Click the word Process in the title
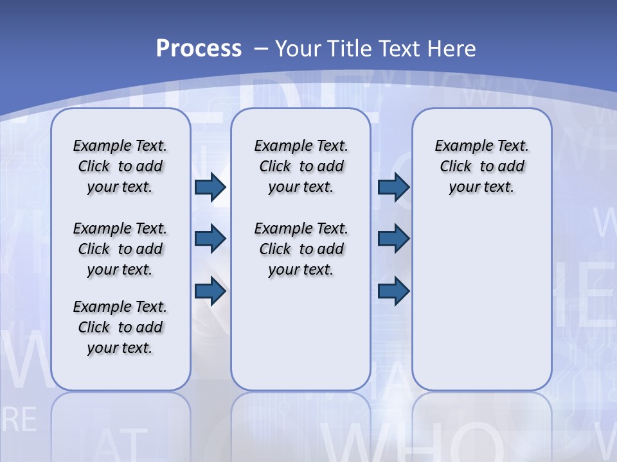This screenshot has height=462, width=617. coord(199,48)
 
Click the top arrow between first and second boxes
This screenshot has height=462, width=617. coord(210,187)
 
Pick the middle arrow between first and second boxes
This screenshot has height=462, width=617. coord(210,239)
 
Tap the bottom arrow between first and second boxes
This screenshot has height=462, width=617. coord(210,292)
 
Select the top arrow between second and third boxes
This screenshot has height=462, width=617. coord(393,187)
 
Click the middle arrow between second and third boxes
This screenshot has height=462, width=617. coord(393,239)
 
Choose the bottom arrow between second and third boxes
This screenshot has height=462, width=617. coord(393,292)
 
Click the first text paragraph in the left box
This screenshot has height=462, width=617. coord(120,166)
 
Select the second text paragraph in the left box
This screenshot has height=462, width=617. coord(120,249)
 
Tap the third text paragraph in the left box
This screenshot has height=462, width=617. coord(120,327)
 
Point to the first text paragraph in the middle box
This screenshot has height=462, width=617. coord(301,166)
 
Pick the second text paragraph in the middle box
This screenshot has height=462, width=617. coord(301,249)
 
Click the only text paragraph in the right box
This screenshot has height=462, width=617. coord(481,166)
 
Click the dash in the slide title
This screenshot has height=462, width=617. coord(261,49)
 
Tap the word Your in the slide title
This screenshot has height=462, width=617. coord(299,48)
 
